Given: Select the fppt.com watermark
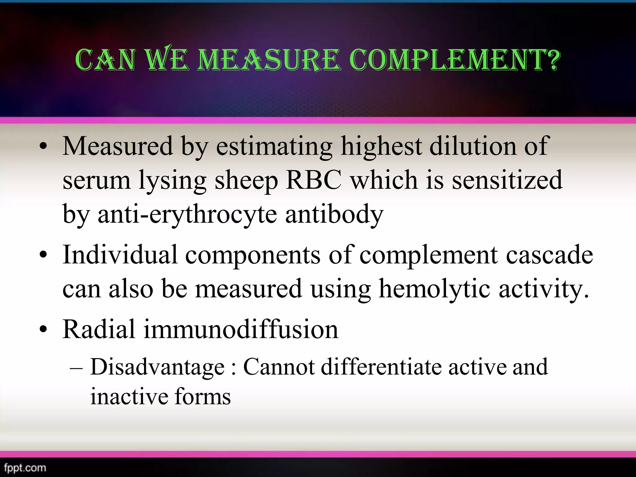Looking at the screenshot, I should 25,467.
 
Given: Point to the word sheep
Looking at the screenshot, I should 246,180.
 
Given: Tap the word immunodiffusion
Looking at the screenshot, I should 241,329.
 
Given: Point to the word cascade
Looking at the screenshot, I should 549,255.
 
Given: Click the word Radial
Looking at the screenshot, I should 99,329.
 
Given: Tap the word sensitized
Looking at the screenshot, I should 507,180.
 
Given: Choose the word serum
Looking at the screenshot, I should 97,180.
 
